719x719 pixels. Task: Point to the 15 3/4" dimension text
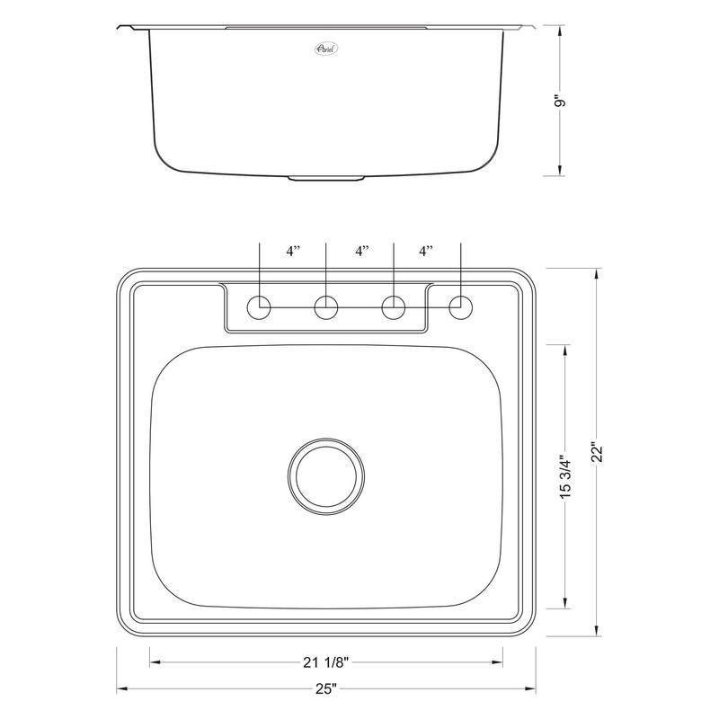(564, 477)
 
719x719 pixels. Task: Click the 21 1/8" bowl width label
(325, 663)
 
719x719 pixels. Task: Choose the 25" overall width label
(325, 689)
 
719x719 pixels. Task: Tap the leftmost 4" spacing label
(293, 253)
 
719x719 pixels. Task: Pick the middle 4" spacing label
(361, 253)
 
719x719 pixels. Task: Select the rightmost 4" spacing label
(426, 253)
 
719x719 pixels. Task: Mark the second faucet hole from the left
(326, 307)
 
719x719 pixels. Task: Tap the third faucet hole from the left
(394, 307)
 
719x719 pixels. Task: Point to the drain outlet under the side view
(326, 179)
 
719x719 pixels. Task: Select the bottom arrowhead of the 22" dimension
(596, 632)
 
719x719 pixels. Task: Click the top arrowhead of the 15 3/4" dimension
(564, 351)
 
